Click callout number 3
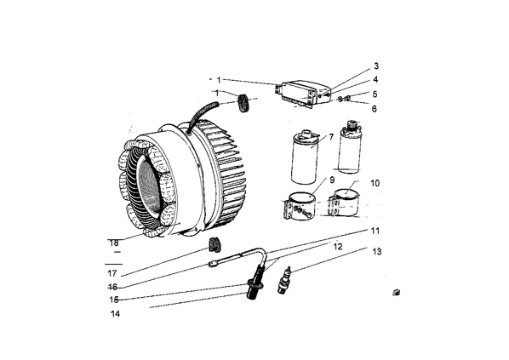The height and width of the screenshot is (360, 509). pyautogui.click(x=376, y=66)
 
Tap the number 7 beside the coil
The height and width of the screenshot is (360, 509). pyautogui.click(x=331, y=137)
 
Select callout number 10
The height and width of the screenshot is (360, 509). pyautogui.click(x=375, y=184)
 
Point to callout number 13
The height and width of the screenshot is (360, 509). pyautogui.click(x=377, y=252)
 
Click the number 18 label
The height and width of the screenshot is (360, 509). pyautogui.click(x=114, y=243)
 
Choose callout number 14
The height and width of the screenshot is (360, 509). pyautogui.click(x=115, y=314)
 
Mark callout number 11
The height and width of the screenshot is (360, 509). pyautogui.click(x=375, y=231)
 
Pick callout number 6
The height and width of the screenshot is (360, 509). pyautogui.click(x=375, y=109)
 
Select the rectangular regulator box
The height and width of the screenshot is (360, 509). pyautogui.click(x=304, y=94)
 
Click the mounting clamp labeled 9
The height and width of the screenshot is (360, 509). pyautogui.click(x=300, y=208)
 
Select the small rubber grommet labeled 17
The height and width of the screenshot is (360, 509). pyautogui.click(x=214, y=245)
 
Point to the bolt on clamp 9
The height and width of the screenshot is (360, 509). pyautogui.click(x=306, y=214)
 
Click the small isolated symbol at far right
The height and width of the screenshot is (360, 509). pyautogui.click(x=396, y=293)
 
